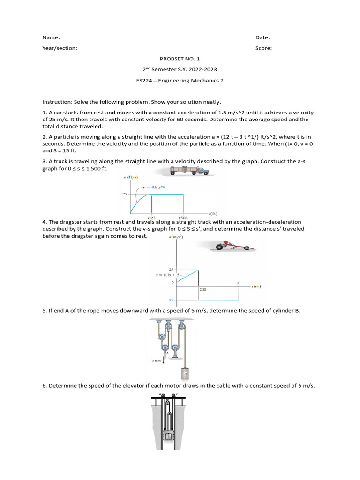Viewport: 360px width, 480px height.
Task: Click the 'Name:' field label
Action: coord(51,37)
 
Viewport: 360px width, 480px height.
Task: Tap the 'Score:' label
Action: coord(263,48)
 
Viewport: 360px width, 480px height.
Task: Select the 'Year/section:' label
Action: coord(60,48)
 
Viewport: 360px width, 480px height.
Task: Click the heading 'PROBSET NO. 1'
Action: coord(180,59)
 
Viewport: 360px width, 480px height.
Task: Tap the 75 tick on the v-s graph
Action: coord(125,194)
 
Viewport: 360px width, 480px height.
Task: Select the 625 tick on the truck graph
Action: coord(152,217)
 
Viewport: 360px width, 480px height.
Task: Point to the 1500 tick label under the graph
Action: coord(183,217)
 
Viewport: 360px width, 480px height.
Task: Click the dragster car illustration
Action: coord(232,246)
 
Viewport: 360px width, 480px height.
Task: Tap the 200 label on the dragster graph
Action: coord(203,290)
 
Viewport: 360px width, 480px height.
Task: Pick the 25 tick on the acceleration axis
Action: coord(171,269)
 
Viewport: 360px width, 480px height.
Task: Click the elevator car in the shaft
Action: coord(169,436)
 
